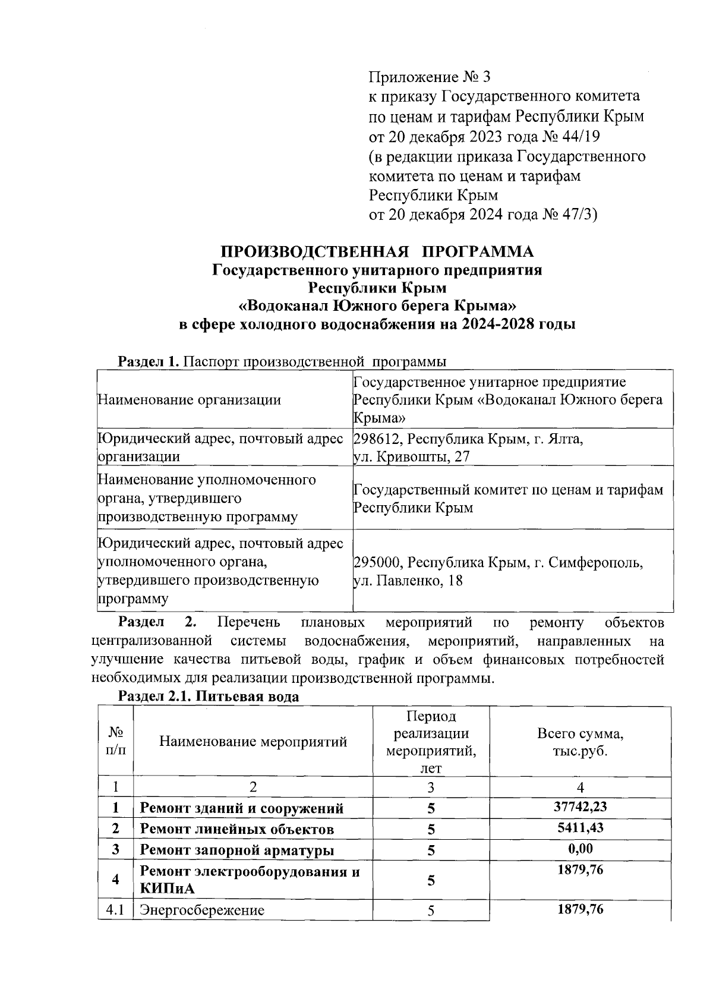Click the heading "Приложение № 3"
[430, 77]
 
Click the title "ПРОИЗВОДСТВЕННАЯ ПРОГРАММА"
[377, 251]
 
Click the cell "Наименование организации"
[189, 399]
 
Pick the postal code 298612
[378, 439]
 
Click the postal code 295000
[378, 562]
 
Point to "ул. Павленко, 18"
[408, 581]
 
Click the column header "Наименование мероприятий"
[253, 741]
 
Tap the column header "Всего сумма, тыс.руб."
[580, 741]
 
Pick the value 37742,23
[580, 806]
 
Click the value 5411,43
[580, 827]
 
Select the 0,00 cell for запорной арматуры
[580, 848]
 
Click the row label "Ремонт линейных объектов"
[236, 829]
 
